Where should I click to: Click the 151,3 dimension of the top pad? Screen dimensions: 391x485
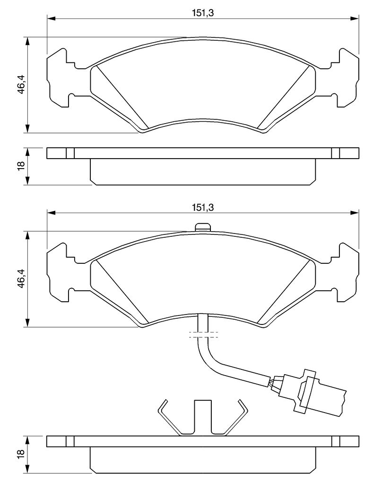(203, 13)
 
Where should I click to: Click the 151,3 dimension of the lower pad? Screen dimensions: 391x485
(203, 207)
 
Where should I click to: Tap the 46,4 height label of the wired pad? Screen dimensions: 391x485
(21, 279)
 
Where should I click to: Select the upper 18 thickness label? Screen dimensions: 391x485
(21, 166)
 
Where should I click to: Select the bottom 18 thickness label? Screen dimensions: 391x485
(21, 453)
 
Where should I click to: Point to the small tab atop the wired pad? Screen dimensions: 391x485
(203, 227)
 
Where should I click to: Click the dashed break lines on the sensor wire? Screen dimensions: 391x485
(203, 334)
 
